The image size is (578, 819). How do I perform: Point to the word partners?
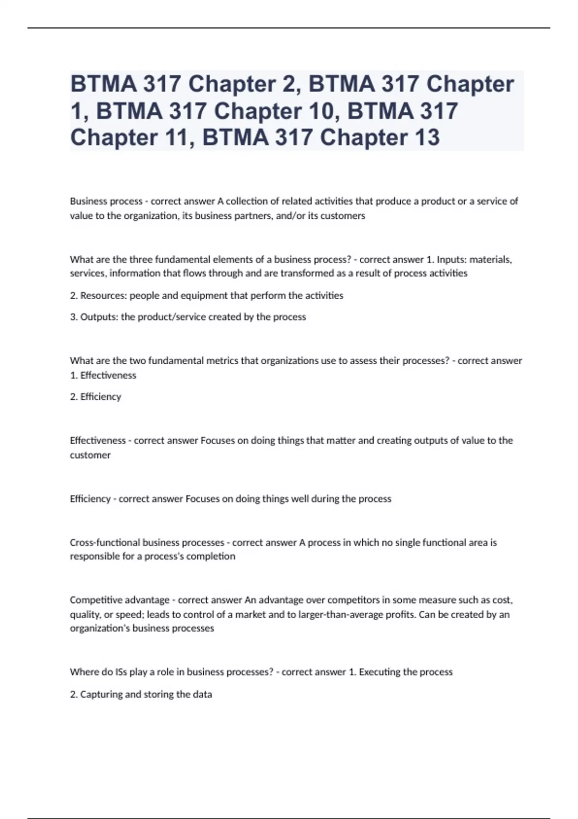tap(256, 216)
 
